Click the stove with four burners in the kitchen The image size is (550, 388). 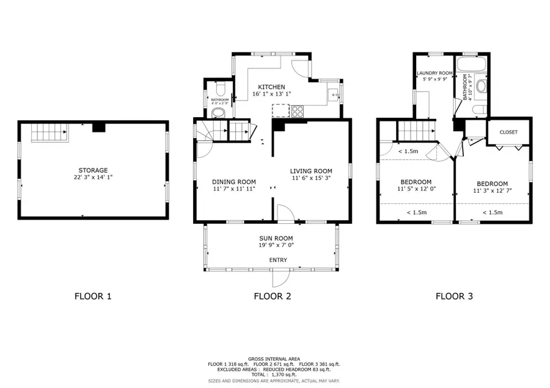299,111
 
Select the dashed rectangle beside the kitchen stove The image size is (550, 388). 280,110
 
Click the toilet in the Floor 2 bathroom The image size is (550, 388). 221,110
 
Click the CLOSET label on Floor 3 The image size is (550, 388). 508,132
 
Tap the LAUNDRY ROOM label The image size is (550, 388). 434,73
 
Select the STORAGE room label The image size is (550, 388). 93,170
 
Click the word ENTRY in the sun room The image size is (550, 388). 278,260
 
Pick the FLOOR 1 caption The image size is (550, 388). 93,297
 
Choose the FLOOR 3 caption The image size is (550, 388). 453,297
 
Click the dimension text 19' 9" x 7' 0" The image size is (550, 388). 276,246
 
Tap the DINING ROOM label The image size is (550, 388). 233,182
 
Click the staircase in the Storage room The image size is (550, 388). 47,132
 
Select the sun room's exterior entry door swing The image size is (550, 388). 280,278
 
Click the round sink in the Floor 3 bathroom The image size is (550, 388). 481,86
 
